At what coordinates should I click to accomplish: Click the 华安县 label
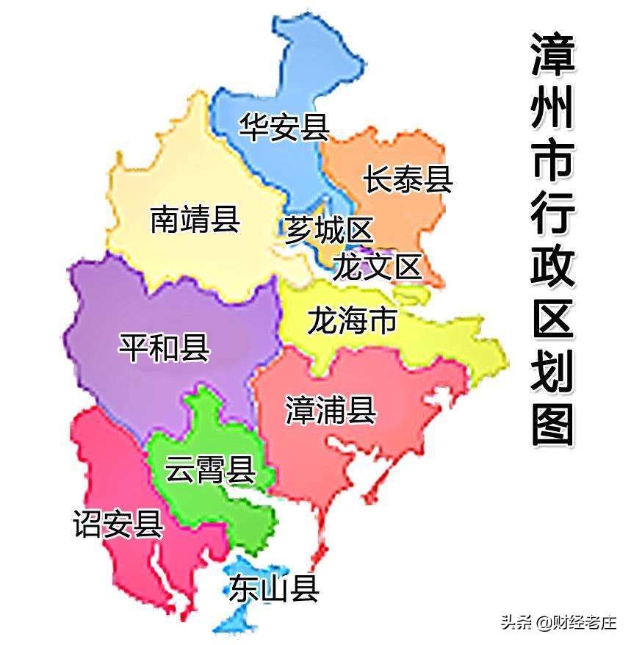[284, 126]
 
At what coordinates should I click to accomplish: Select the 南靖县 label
[195, 219]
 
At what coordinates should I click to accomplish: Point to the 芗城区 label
[328, 231]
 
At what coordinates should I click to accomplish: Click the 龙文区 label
[378, 266]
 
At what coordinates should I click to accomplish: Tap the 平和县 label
[165, 347]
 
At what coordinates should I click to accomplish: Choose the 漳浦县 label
[331, 410]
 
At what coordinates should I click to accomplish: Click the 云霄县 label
[209, 469]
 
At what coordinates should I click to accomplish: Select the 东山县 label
[273, 588]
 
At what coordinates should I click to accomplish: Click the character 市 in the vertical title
[552, 162]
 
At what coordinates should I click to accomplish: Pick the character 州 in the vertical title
[552, 109]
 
